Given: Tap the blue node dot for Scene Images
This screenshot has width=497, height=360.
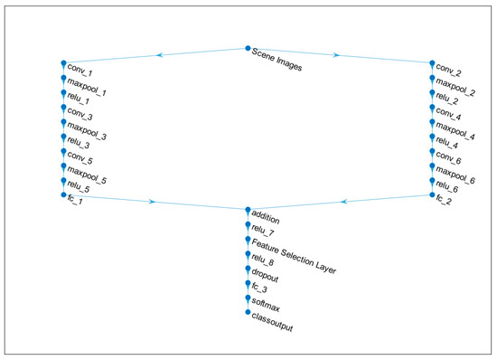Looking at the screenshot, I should [x=248, y=49].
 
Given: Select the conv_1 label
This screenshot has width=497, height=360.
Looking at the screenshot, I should [x=80, y=71].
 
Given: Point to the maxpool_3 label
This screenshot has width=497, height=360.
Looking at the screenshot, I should [x=87, y=137].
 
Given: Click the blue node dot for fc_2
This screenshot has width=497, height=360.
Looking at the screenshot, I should [x=432, y=194].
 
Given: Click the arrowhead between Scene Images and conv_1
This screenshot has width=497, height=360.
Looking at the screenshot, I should [x=161, y=54].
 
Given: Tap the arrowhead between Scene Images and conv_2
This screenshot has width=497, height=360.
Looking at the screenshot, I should [x=336, y=54].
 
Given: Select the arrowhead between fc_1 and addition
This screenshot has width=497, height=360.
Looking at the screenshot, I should [x=151, y=202].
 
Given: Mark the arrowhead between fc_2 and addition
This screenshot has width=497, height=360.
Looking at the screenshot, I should [x=344, y=202].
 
